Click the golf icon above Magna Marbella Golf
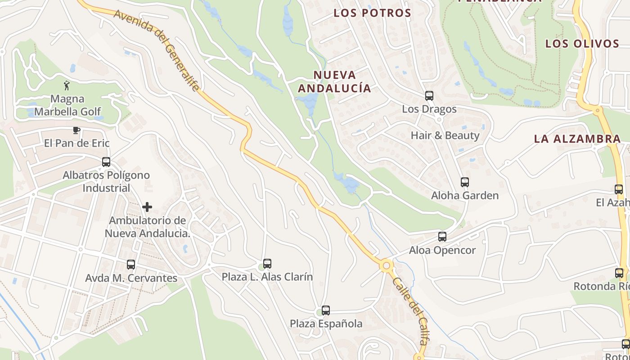click(67, 85)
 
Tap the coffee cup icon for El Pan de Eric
click(76, 130)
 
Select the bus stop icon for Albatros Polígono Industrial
click(106, 162)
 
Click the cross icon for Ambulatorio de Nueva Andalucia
click(147, 207)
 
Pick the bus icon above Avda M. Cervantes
click(131, 265)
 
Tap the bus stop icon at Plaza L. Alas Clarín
click(267, 264)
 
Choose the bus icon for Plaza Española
click(326, 310)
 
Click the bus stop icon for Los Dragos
click(429, 96)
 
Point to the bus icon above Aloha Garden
click(465, 182)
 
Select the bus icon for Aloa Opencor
click(442, 237)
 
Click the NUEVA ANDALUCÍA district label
click(335, 81)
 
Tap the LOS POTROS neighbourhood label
click(373, 13)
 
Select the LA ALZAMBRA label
click(577, 139)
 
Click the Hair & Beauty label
click(445, 135)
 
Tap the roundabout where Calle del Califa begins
click(386, 265)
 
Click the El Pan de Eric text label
click(76, 144)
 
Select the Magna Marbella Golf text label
click(67, 105)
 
